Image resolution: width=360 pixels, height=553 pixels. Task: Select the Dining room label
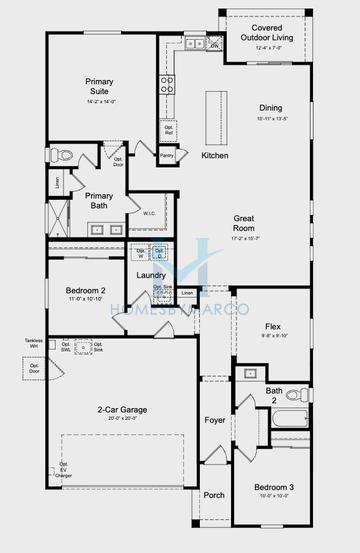pos(271,107)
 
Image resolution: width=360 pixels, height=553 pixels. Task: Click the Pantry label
pos(168,155)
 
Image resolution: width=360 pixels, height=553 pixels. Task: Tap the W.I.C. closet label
pos(148,212)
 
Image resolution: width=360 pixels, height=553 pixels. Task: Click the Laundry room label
pos(150,274)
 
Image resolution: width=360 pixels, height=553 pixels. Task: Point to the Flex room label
pos(272,327)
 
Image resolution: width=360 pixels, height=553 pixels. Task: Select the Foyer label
pos(214,421)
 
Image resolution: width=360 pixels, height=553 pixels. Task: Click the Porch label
pos(214,494)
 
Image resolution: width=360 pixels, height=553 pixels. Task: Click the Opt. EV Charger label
pos(64,470)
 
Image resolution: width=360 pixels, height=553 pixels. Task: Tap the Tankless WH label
pos(33,344)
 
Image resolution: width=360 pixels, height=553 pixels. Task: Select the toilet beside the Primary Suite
pos(64,154)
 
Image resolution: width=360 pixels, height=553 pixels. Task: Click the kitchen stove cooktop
pos(165,84)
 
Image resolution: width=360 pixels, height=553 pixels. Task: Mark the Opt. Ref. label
pos(168,130)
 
